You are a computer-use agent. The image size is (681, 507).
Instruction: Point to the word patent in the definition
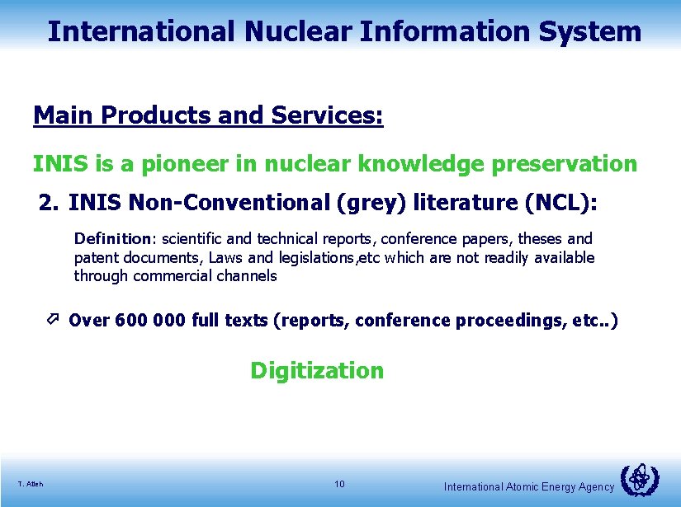pyautogui.click(x=97, y=258)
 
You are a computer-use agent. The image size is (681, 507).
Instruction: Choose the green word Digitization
pyautogui.click(x=317, y=371)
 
